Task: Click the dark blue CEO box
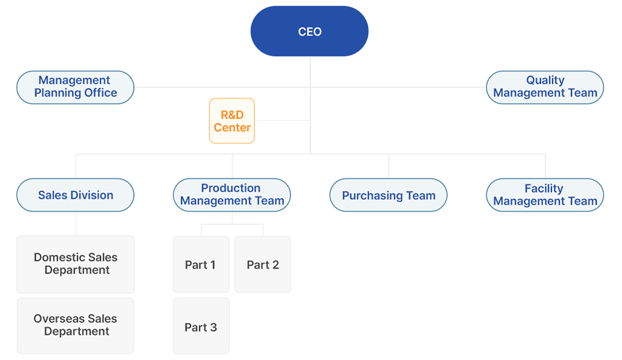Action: click(x=309, y=31)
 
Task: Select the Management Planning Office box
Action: click(x=76, y=88)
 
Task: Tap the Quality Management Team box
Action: click(x=545, y=88)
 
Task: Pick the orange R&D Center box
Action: click(x=232, y=121)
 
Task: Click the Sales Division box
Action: click(x=76, y=195)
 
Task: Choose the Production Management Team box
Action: click(x=232, y=195)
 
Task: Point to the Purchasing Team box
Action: click(x=388, y=195)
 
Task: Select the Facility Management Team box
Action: click(x=545, y=195)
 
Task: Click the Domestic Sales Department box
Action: click(x=76, y=264)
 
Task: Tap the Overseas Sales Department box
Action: click(x=76, y=326)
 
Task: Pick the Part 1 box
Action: click(x=201, y=264)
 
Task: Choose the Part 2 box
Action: click(x=263, y=264)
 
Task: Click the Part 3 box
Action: click(x=201, y=326)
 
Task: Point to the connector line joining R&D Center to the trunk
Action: click(x=283, y=120)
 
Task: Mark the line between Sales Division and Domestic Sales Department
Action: click(x=76, y=224)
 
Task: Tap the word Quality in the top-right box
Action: click(x=546, y=80)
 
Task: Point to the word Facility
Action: click(x=544, y=189)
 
